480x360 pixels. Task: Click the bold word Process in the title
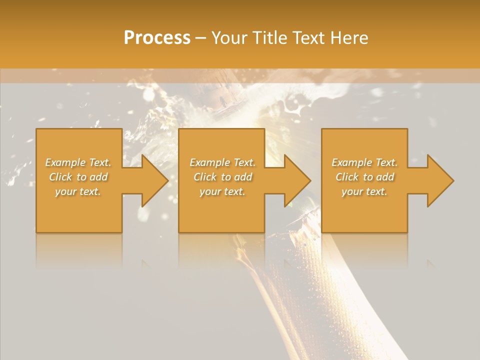coord(157,38)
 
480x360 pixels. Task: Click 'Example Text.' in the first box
coord(78,162)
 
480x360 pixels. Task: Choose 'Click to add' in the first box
coord(78,177)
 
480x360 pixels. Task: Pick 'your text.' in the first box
coord(78,191)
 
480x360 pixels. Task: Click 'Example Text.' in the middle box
coord(222,162)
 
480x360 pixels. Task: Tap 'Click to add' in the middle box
coord(222,177)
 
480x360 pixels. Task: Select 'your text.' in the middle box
coord(222,191)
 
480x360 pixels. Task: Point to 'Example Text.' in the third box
coord(364,162)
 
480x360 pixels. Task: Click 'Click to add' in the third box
coord(364,177)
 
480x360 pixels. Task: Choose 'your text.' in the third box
coord(364,191)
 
